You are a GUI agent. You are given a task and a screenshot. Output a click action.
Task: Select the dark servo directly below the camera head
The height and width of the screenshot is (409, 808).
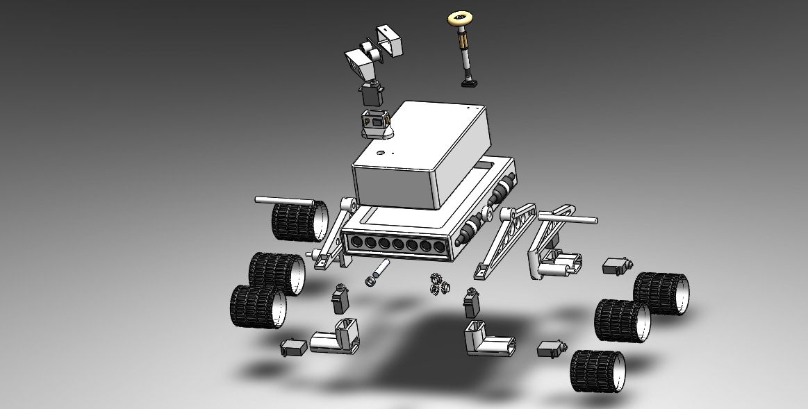371,93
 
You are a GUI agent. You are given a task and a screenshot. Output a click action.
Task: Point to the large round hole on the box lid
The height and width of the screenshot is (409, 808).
380,150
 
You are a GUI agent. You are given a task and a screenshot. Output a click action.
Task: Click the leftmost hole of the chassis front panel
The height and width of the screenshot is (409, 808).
357,242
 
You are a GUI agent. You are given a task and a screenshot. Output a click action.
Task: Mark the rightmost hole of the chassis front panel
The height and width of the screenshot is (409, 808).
439,247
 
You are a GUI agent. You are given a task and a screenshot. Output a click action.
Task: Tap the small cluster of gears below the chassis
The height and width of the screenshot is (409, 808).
437,284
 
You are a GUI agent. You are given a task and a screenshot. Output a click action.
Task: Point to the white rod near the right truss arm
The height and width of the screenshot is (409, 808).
566,219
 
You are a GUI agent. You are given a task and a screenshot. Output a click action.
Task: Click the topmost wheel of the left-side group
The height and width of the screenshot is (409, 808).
298,221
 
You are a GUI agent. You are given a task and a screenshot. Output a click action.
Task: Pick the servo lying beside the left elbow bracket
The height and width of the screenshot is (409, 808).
293,347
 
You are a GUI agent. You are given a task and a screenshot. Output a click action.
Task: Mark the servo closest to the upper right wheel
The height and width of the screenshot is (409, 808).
616,266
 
